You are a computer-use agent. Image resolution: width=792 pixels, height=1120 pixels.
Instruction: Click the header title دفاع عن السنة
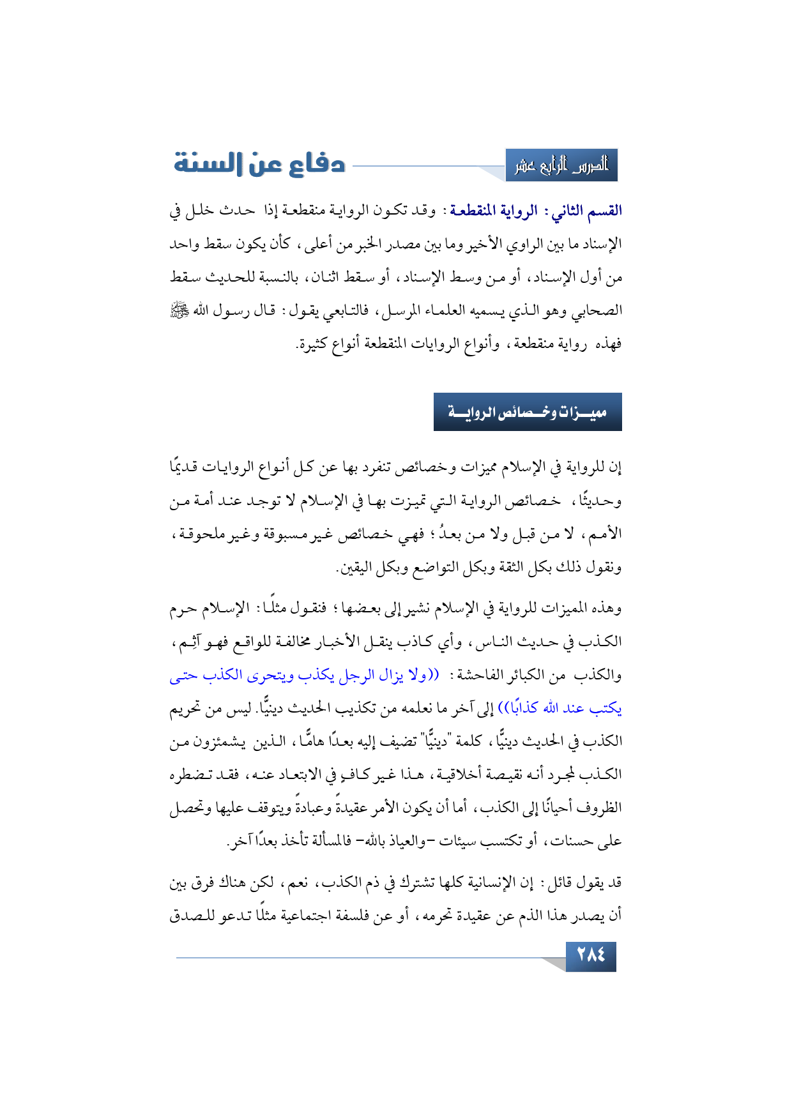tap(260, 164)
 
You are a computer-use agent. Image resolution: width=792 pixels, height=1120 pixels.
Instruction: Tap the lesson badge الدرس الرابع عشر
tap(561, 166)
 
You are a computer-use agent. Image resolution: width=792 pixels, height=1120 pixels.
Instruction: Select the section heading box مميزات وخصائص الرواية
tap(528, 412)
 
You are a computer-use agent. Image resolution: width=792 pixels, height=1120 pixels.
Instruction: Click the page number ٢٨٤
tap(591, 956)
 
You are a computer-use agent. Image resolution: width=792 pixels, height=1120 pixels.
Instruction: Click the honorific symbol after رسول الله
tap(178, 311)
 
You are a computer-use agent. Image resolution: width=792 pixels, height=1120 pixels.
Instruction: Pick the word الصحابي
tap(598, 311)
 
